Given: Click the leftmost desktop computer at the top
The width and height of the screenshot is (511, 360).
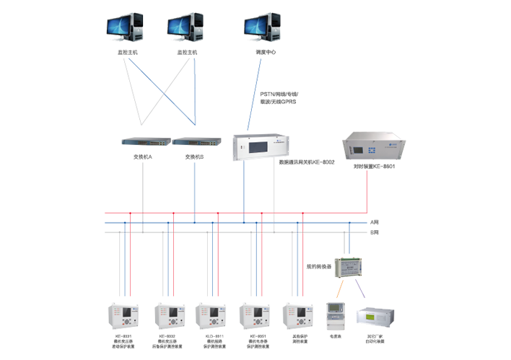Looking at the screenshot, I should [122, 27].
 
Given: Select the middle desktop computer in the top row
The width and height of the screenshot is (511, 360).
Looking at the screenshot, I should [183, 27].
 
